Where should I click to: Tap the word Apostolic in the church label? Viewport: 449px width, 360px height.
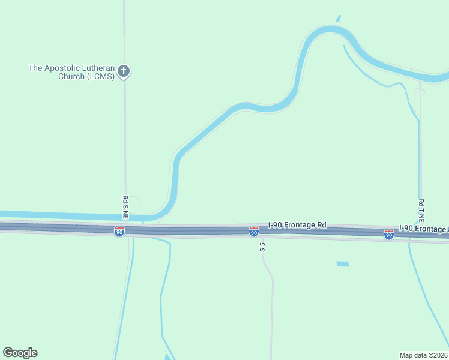coord(65,68)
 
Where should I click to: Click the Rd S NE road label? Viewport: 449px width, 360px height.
coord(125,208)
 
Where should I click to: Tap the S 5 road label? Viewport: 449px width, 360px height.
coord(262,246)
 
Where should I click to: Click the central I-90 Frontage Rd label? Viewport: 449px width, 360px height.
coord(297,225)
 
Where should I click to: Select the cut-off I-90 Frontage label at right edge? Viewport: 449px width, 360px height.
coord(423,229)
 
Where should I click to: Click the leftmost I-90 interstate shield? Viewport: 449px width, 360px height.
coord(119,231)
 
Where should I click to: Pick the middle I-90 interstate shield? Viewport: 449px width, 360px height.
coord(254,232)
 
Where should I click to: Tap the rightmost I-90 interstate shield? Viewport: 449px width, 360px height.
coord(389,235)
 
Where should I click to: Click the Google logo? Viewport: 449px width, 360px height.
coord(20,353)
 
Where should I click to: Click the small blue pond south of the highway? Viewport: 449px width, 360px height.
coord(342,264)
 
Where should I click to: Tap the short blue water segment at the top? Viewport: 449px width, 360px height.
coord(338,19)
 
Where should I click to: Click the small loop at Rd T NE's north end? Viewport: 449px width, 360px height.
coord(420,92)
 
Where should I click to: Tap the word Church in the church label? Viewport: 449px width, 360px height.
coord(71,76)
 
